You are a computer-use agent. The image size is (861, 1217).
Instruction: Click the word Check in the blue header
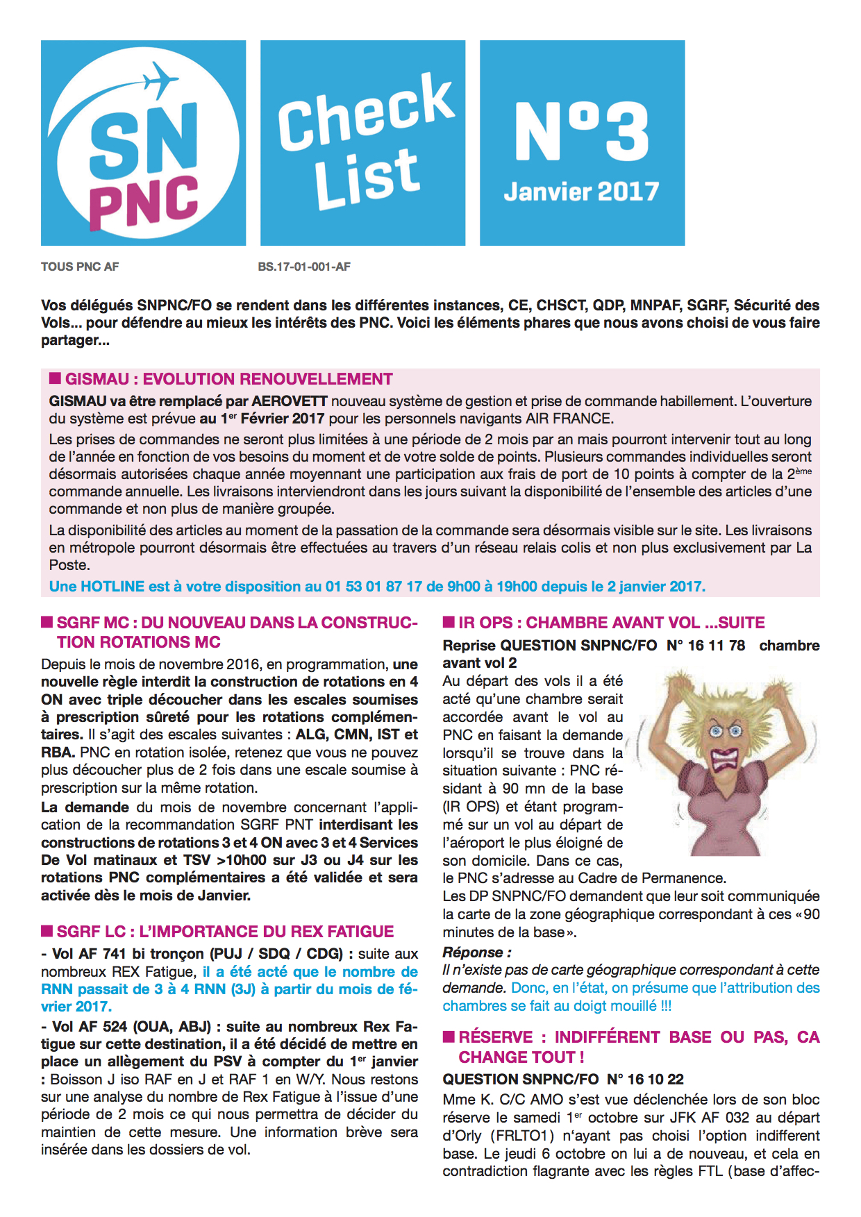(x=365, y=111)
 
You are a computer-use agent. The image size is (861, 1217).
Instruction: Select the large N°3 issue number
(x=581, y=132)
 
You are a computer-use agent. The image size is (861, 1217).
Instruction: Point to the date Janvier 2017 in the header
(x=581, y=192)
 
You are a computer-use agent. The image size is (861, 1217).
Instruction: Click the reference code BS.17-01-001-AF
(x=304, y=267)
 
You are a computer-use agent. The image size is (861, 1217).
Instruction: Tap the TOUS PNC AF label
(x=80, y=267)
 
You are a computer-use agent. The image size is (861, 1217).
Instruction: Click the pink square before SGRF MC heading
(x=47, y=622)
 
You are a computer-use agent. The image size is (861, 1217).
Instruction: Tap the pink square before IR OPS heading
(x=449, y=622)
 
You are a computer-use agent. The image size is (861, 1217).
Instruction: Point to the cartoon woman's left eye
(x=716, y=731)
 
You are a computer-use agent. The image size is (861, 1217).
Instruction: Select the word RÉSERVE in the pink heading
(x=495, y=1037)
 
